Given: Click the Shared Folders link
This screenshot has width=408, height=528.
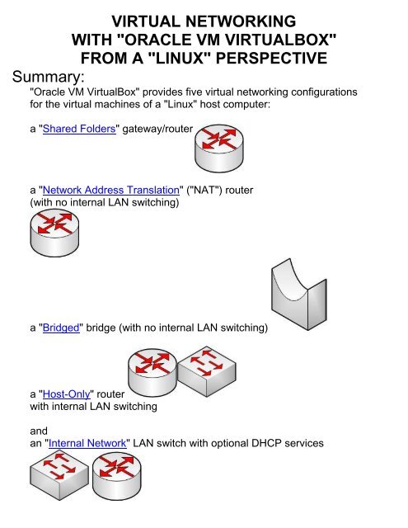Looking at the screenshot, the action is click(x=79, y=129).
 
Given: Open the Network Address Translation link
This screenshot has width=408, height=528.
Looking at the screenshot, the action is click(x=111, y=190).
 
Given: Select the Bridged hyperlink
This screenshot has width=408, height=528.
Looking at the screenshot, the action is click(x=61, y=328).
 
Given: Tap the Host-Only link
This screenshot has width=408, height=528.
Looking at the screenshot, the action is click(x=67, y=394).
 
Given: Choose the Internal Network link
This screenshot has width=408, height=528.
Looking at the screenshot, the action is click(x=87, y=443).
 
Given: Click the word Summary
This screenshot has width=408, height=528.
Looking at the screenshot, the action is click(x=49, y=77).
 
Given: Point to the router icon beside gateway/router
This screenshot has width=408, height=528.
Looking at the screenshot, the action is click(x=219, y=148).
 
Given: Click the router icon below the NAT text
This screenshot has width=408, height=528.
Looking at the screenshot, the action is click(x=54, y=233).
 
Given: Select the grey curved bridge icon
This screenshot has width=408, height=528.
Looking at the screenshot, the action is click(x=299, y=295).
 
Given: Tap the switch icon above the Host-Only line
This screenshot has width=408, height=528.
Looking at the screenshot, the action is click(x=207, y=371).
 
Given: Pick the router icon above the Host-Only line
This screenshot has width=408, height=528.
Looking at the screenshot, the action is click(x=152, y=372).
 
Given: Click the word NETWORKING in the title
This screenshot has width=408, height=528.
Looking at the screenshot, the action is click(x=240, y=21).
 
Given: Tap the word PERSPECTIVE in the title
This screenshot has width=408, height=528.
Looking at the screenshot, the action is click(x=271, y=59).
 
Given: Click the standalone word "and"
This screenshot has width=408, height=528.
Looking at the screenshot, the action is click(x=39, y=431).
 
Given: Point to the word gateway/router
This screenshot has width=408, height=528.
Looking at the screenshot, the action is click(x=157, y=129).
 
